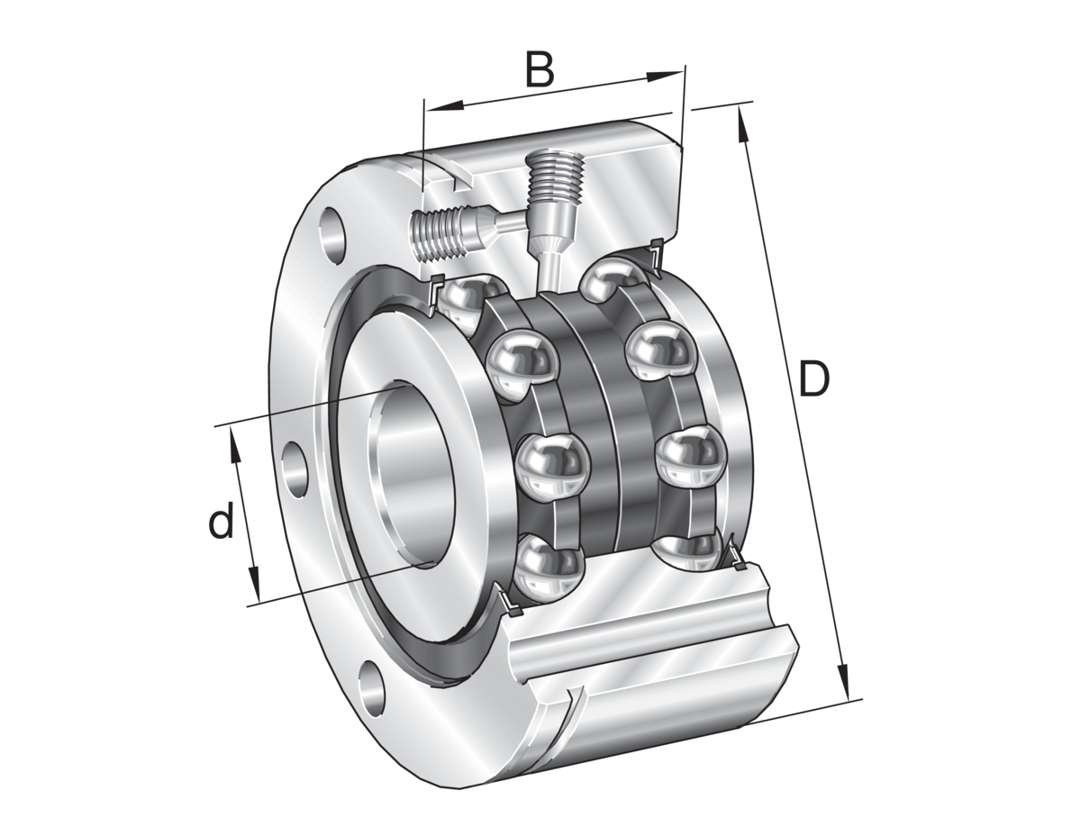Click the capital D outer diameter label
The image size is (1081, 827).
pos(813,380)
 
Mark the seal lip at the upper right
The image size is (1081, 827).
pos(655,257)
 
